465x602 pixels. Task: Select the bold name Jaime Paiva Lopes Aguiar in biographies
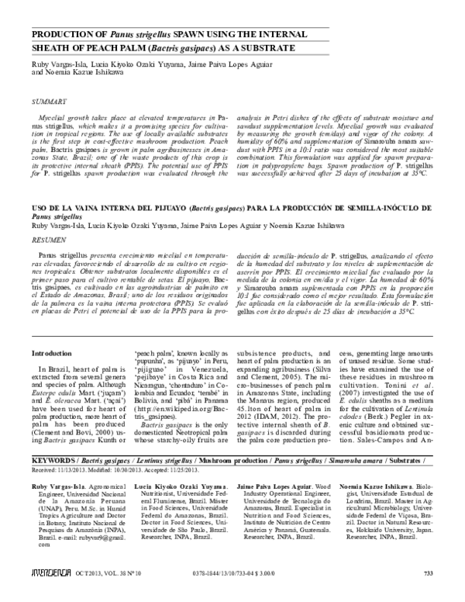274,485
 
